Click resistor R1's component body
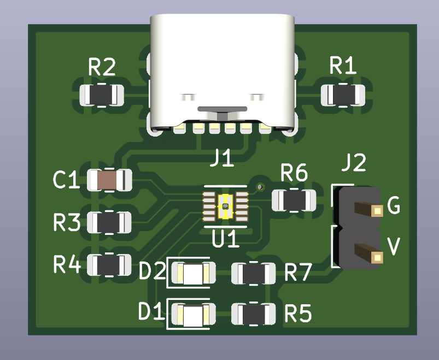[x=343, y=95]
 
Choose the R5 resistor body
[x=254, y=314]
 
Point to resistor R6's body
[x=295, y=200]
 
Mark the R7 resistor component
[x=254, y=273]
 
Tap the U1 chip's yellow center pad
[x=225, y=206]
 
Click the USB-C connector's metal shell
[x=223, y=60]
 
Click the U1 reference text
[x=225, y=239]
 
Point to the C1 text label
[x=67, y=180]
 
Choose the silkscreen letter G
[x=393, y=206]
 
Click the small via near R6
[x=261, y=187]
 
